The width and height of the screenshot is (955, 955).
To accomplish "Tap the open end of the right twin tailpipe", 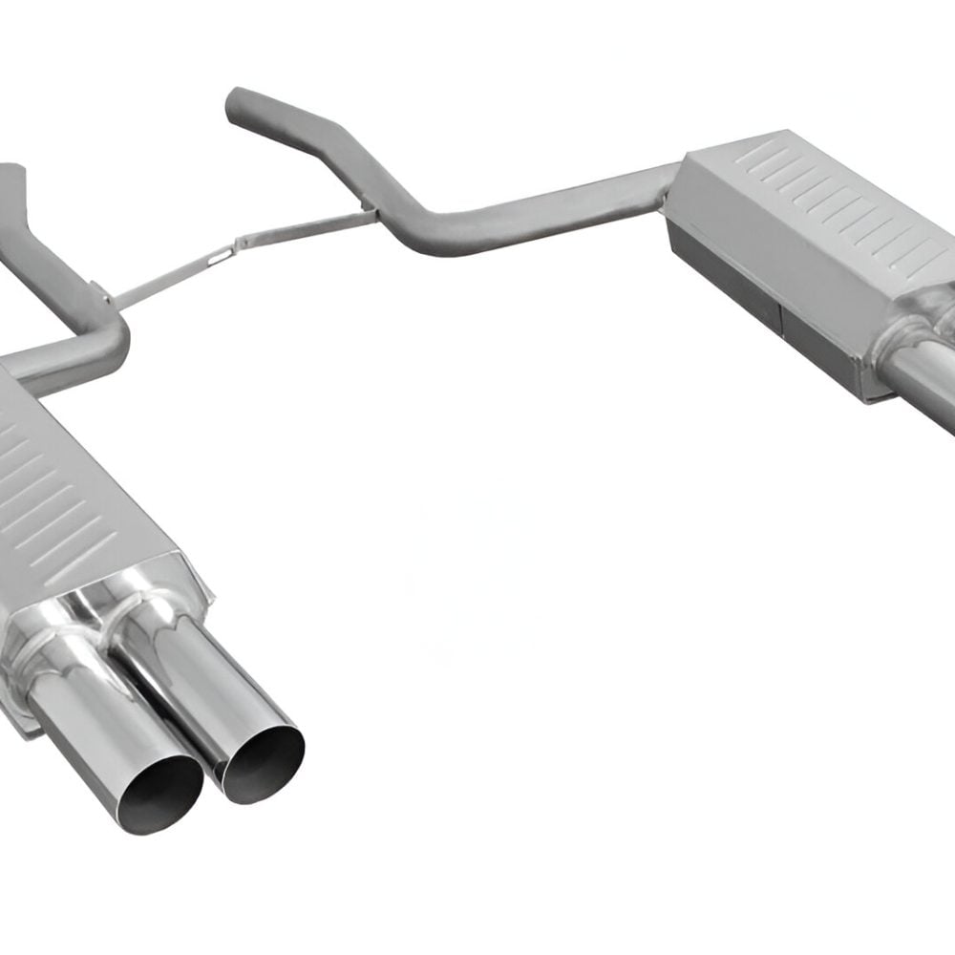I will point(260,760).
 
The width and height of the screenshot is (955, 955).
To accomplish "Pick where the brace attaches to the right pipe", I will point(368,212).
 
